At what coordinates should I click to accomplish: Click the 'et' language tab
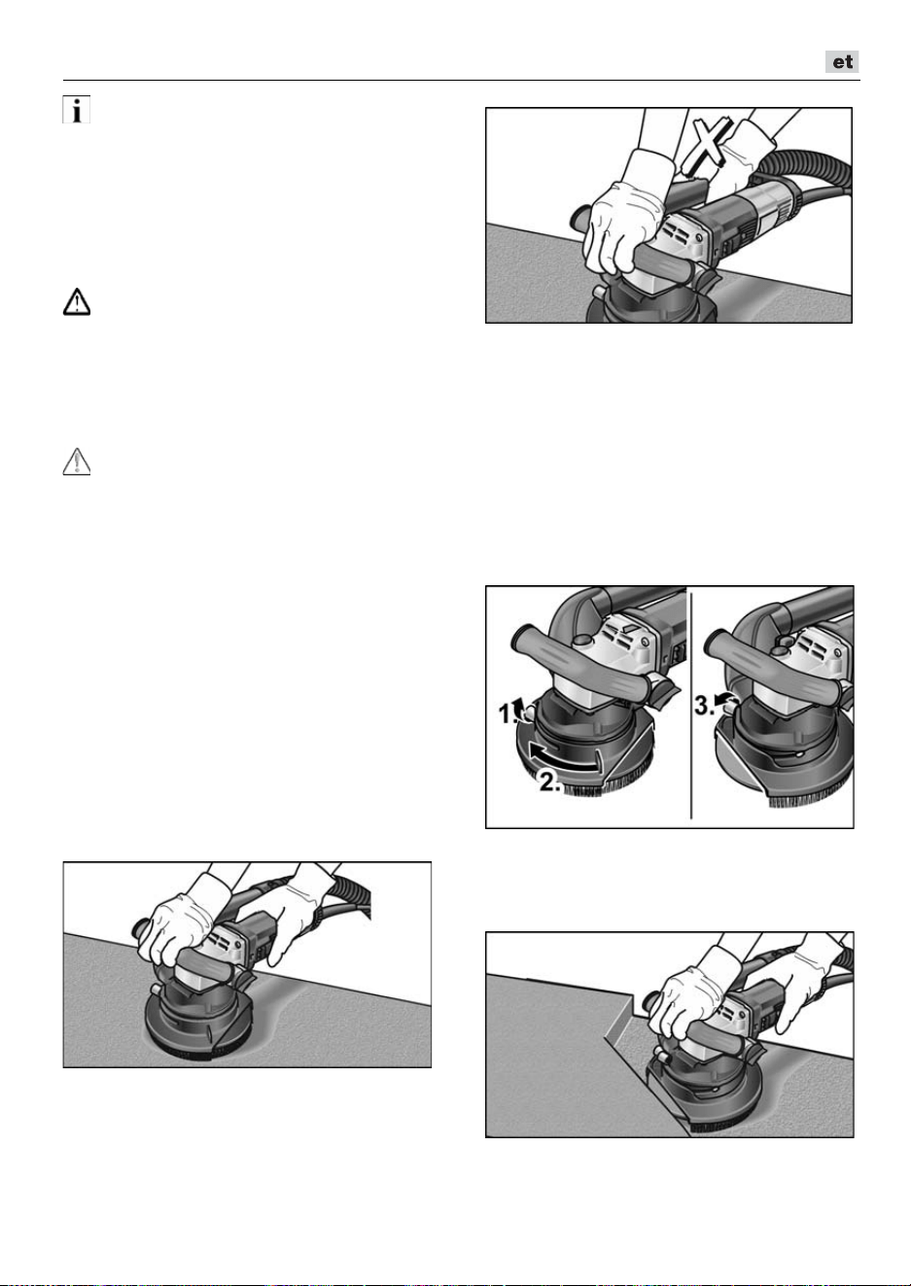pyautogui.click(x=842, y=62)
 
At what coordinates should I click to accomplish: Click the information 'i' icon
pyautogui.click(x=77, y=109)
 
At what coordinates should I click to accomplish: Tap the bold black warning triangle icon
pyautogui.click(x=77, y=302)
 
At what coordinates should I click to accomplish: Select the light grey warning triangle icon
pyautogui.click(x=77, y=462)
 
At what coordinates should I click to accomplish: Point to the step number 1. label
pyautogui.click(x=508, y=715)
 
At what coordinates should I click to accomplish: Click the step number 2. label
pyautogui.click(x=549, y=782)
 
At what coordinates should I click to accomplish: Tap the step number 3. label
pyautogui.click(x=705, y=706)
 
